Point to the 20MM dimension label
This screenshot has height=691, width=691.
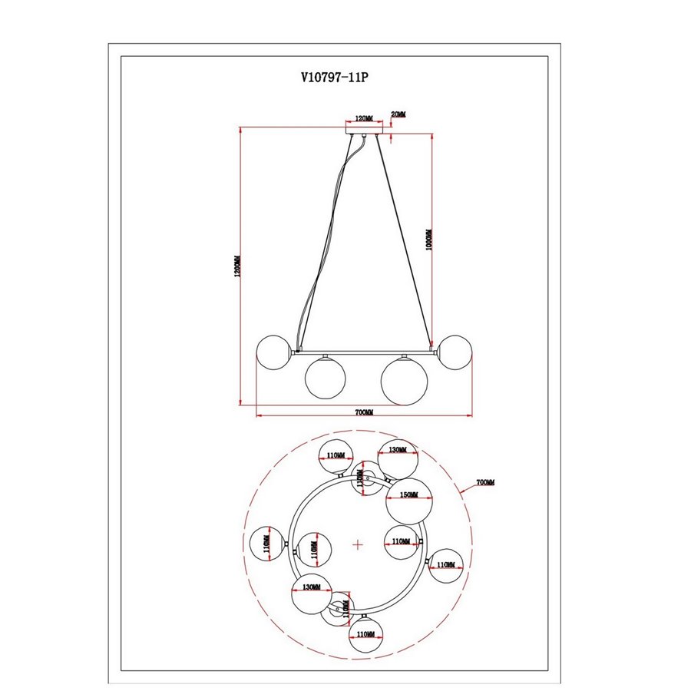point(398,114)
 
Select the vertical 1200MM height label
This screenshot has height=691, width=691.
point(239,266)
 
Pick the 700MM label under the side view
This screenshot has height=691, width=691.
point(364,412)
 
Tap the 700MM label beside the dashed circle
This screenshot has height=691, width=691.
point(485,482)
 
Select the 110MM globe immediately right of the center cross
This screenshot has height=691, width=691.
point(401,542)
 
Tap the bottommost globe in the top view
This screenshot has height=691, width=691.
point(366,634)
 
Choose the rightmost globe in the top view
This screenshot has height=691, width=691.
point(445,566)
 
